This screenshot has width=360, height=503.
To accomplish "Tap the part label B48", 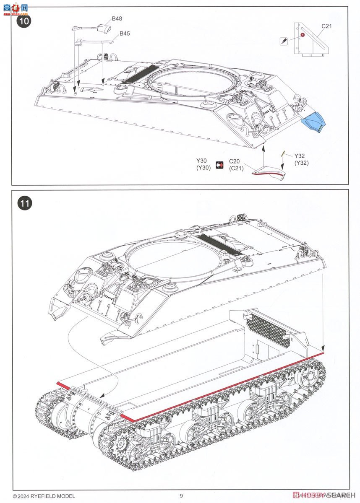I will click(117, 19).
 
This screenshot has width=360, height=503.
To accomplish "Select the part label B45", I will click(125, 34).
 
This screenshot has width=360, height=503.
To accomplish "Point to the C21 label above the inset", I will click(327, 26).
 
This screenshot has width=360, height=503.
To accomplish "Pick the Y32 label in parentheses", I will click(301, 163).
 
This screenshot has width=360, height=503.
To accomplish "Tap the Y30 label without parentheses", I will click(202, 161).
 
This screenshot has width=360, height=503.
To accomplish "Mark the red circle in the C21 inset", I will click(302, 36).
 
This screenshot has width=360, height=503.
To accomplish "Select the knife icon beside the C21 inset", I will click(284, 41).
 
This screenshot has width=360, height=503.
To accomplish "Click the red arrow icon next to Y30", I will click(219, 165).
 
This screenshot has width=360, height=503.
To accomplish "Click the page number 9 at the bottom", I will click(181, 496).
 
